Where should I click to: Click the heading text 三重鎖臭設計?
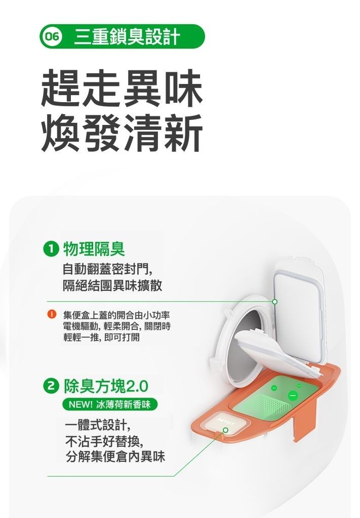[127, 36]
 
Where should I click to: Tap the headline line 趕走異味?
[122, 88]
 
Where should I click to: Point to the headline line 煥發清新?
[122, 133]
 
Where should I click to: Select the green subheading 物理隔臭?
[94, 249]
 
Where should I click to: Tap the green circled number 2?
[50, 386]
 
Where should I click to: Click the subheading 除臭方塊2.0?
[106, 386]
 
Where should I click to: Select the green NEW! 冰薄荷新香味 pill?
[110, 404]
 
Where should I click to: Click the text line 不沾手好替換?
[104, 441]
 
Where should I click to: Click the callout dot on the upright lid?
[274, 301]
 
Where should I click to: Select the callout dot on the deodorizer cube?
[225, 430]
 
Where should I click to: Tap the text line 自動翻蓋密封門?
[107, 270]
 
